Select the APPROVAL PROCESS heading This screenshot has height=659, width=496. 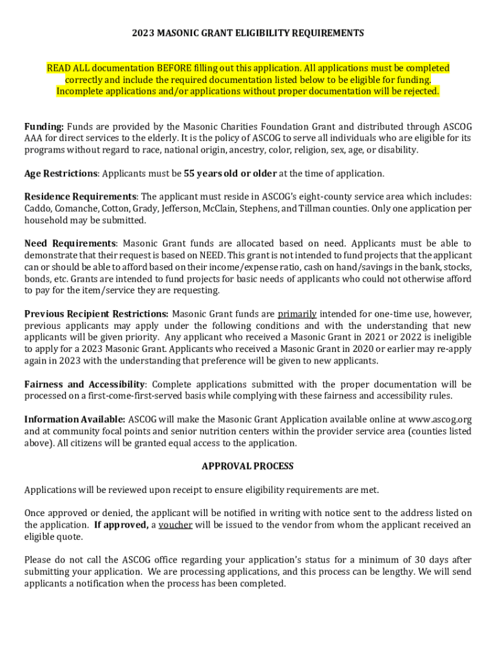point(247,466)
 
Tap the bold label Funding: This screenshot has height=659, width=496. point(44,127)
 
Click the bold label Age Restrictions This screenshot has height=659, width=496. point(61,174)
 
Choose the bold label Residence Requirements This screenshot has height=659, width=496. point(80,197)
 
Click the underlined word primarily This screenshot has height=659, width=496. point(297,314)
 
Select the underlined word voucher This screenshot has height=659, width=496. point(175,525)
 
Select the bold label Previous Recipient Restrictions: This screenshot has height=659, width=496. point(97,314)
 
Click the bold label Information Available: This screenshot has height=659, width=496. point(75,420)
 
